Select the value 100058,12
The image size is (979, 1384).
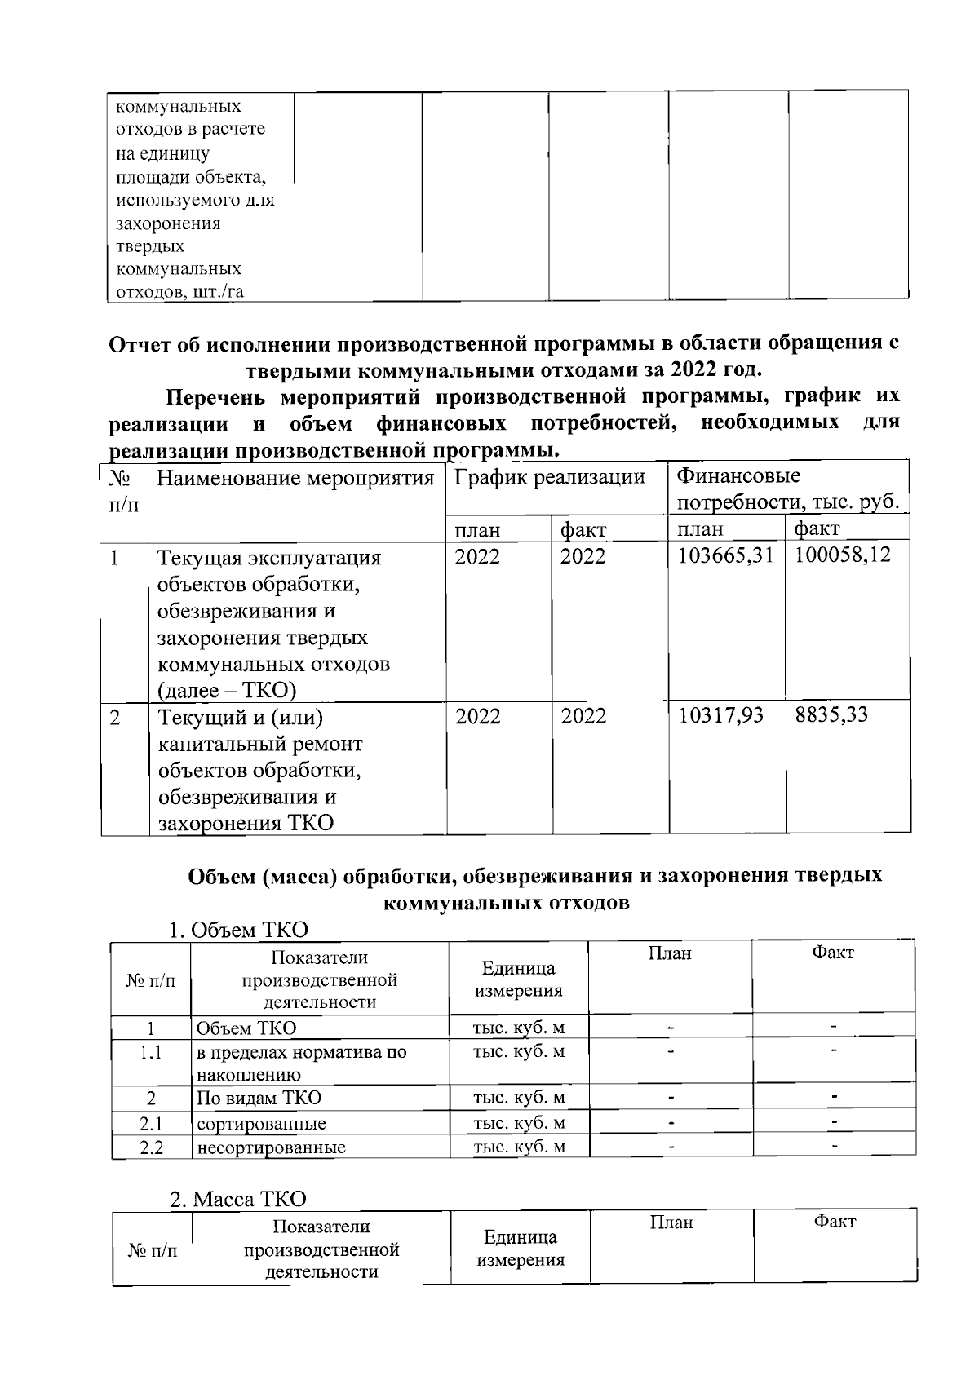tap(843, 555)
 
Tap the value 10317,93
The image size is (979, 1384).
tap(721, 715)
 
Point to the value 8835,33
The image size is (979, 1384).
tap(831, 715)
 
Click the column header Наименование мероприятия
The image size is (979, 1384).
tap(295, 478)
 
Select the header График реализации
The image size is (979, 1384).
tap(549, 477)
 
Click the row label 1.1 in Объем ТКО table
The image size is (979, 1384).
tap(151, 1052)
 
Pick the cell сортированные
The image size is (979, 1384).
tap(261, 1123)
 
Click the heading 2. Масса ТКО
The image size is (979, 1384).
tap(237, 1199)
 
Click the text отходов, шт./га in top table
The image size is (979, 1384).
tap(179, 292)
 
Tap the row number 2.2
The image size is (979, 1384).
tap(151, 1147)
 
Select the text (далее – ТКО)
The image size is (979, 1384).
tap(226, 691)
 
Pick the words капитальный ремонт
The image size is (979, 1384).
tap(259, 744)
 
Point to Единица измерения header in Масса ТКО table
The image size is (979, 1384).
tap(520, 1248)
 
